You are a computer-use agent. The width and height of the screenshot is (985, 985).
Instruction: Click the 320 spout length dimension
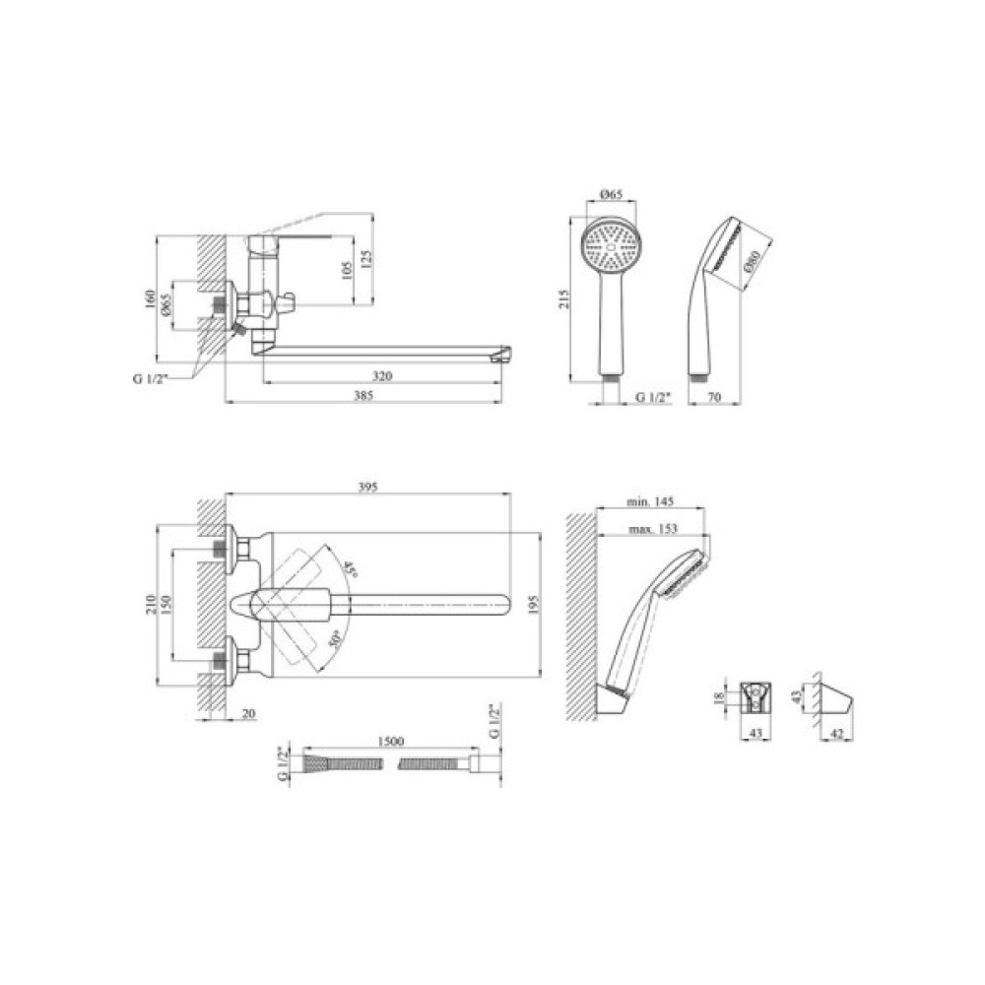[382, 375]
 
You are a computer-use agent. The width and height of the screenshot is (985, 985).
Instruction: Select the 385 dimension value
[363, 395]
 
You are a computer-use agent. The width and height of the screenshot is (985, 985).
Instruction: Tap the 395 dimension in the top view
[367, 488]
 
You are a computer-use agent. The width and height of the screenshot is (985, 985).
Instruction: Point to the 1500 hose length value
[391, 742]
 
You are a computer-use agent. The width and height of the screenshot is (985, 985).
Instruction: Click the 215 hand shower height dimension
[564, 298]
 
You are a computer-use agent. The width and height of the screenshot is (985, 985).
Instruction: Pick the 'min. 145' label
[650, 501]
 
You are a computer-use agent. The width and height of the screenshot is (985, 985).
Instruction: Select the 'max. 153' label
[653, 528]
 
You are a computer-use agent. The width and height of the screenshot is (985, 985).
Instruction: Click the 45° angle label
[350, 570]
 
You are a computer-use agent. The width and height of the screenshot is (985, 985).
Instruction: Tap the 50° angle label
[336, 639]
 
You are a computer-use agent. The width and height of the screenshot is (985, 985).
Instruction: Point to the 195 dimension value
[532, 606]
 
